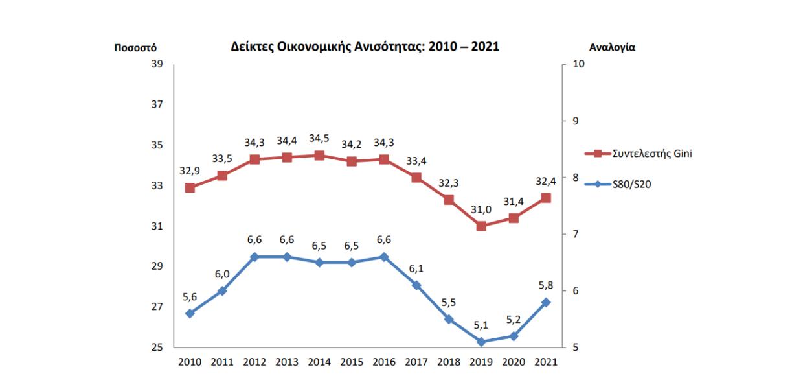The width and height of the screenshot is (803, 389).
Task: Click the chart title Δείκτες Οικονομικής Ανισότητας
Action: tap(366, 47)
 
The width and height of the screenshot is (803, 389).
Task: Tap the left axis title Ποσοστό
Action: tap(135, 47)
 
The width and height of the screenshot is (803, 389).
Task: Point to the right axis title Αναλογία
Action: tap(612, 47)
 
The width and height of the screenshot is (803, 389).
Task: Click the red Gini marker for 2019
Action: tap(481, 226)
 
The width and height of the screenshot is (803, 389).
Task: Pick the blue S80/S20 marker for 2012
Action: tap(254, 257)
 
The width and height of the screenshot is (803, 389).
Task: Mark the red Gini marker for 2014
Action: tap(319, 156)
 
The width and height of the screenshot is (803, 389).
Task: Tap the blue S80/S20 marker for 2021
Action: tap(546, 302)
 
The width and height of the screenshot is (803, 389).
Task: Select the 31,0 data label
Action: tap(481, 209)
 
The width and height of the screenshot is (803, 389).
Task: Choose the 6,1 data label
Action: tap(416, 268)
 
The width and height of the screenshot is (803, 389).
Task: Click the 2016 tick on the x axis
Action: tap(384, 361)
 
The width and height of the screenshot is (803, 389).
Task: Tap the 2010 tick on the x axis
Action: tap(190, 361)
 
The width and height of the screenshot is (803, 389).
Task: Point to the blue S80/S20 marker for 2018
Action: tap(449, 319)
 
